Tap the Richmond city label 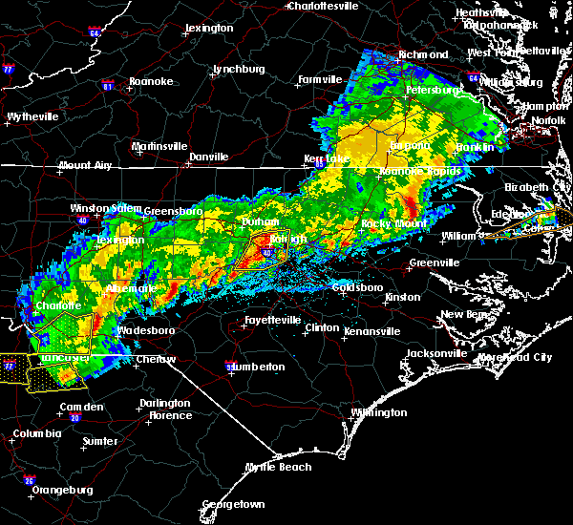point(423,55)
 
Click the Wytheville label point(32,116)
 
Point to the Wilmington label point(378,413)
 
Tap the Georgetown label point(233,504)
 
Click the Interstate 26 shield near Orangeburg point(29,479)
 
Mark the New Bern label point(466,314)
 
